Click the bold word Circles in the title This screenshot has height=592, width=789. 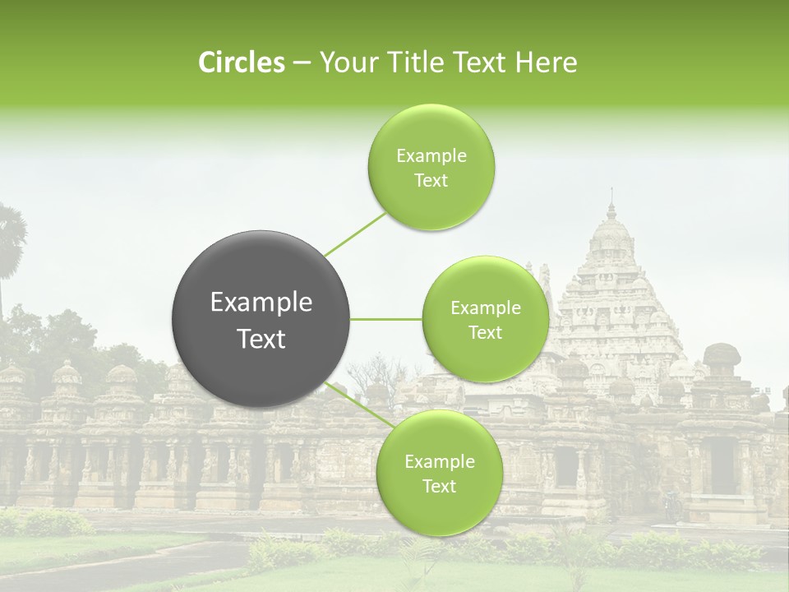click(241, 62)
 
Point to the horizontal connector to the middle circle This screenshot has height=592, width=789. click(386, 319)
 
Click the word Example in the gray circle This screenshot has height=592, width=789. click(261, 303)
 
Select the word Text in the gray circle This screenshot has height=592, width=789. click(261, 339)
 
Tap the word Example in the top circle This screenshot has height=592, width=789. click(431, 156)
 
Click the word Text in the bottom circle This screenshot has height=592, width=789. click(439, 486)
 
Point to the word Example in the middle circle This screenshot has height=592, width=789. click(485, 308)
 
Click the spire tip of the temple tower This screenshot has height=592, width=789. click(611, 193)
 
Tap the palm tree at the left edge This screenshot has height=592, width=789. click(10, 238)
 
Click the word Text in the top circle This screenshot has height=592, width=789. click(431, 181)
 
